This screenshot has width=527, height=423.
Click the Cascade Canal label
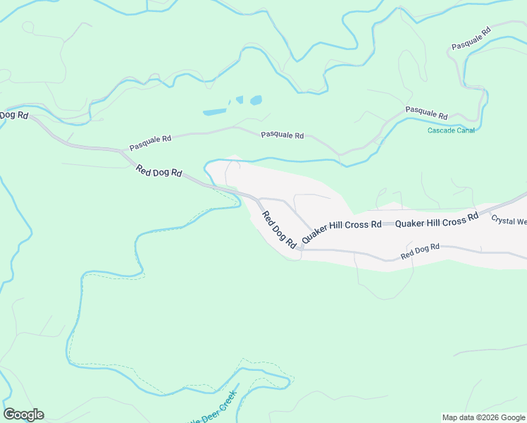[451, 130]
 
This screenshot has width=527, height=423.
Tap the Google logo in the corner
[23, 415]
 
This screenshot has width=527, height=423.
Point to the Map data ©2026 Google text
[483, 417]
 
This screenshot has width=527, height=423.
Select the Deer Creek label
[216, 410]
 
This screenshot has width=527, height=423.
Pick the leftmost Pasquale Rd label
[150, 143]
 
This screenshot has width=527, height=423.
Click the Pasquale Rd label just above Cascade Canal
[426, 113]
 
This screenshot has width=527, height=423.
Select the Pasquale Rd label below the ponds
[282, 135]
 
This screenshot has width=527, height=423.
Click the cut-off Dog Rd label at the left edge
[13, 114]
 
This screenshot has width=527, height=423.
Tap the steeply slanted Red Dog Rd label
[278, 230]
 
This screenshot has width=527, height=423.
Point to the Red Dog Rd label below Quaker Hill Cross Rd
[420, 250]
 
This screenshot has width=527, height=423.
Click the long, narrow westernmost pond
[215, 111]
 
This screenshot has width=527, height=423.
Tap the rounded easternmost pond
[255, 100]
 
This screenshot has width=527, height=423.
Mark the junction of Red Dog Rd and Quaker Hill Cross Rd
[299, 249]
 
